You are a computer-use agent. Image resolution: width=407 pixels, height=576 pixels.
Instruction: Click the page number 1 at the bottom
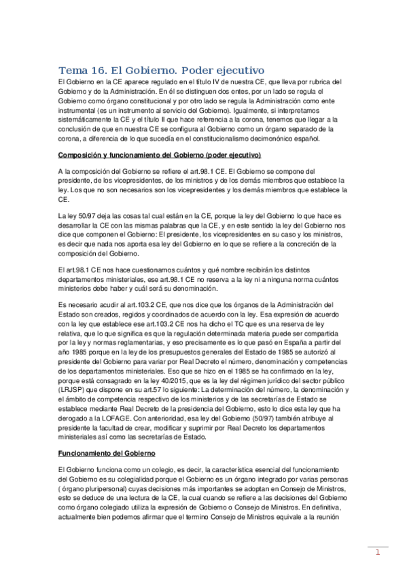pyautogui.click(x=378, y=552)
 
